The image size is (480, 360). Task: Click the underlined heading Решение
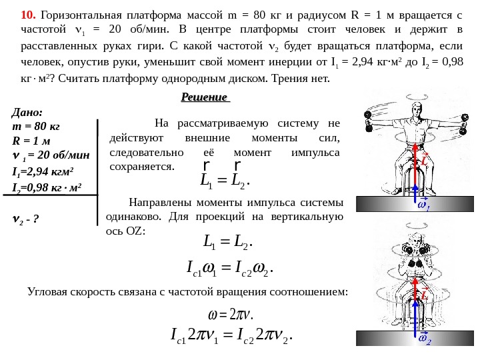[204, 97]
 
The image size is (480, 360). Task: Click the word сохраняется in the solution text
[140, 166]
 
